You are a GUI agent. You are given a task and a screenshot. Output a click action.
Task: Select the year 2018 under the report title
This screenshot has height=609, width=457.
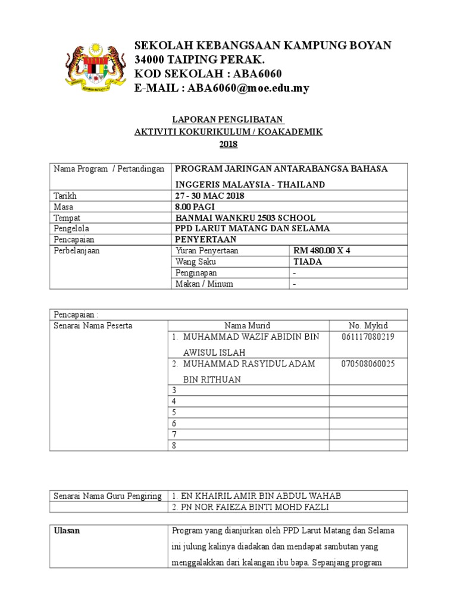point(228,144)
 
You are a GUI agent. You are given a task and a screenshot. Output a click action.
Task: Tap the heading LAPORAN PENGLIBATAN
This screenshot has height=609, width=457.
point(228,120)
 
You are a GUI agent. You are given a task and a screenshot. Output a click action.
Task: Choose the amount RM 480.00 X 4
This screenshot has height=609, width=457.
point(322,250)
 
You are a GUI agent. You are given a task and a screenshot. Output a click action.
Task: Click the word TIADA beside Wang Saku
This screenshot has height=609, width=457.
point(308,262)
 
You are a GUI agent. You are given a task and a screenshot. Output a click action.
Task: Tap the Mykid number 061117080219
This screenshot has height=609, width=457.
point(367,337)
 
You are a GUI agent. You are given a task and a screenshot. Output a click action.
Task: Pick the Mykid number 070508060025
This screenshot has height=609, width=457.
point(367,363)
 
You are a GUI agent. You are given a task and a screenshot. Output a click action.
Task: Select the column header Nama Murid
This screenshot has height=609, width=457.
point(247,325)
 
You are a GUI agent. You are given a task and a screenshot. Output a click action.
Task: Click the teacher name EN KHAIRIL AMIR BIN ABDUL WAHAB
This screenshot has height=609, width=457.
point(256,496)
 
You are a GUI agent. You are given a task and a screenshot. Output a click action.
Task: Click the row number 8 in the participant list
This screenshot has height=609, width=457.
point(174,445)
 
